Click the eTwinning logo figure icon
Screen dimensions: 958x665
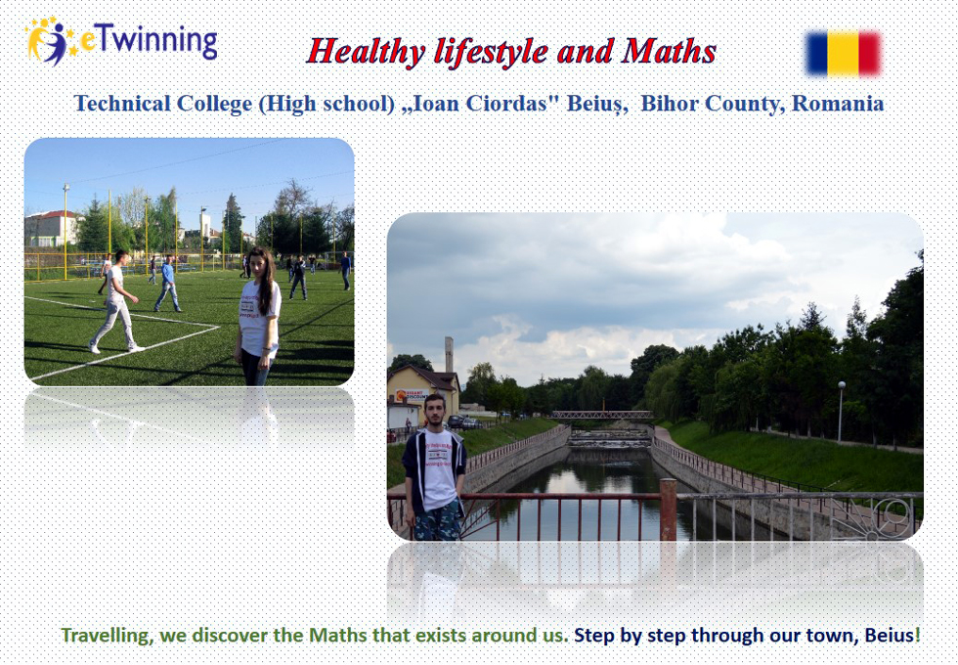(x=50, y=41)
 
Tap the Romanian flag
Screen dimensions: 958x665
(x=843, y=53)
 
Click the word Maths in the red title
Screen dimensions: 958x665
(x=669, y=51)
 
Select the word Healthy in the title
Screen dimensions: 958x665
(x=366, y=52)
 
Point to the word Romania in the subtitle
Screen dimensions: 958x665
(x=838, y=104)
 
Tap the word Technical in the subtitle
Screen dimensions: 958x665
(x=122, y=104)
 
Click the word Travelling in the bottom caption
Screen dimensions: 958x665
(x=108, y=636)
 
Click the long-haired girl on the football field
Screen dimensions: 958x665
(x=259, y=317)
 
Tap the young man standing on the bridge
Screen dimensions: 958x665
(x=434, y=467)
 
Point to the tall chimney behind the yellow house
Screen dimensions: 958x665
(x=449, y=354)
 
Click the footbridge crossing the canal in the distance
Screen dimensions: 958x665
(x=602, y=415)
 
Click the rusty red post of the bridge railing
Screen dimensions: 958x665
(x=668, y=510)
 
